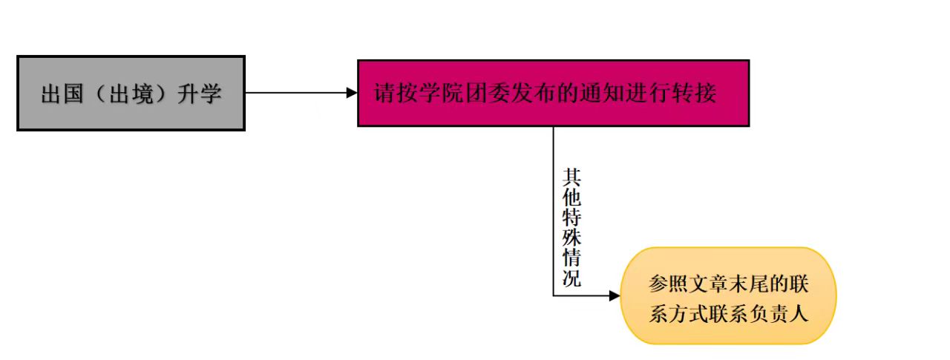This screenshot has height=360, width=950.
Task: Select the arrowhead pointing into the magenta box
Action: coord(352,93)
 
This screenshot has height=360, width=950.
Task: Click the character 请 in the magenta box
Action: coord(384,95)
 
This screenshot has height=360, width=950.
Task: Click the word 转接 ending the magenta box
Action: coord(702,95)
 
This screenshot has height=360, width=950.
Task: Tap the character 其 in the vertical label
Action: coord(571,177)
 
